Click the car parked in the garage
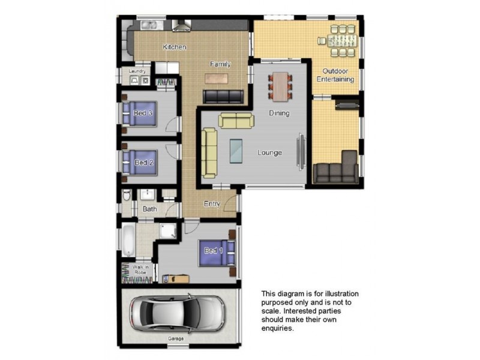pos(177,313)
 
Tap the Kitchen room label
pos(175,47)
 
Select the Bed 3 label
pos(143,113)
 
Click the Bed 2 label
pos(143,163)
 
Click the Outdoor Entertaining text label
pos(338,75)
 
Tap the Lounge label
pos(269,152)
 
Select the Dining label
pos(279,113)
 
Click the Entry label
pos(212,204)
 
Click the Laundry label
pos(137,71)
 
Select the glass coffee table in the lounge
pos(236,151)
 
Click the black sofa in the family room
pos(224,96)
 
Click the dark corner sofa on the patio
pos(337,170)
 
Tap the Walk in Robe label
pos(140,269)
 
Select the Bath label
pos(149,209)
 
